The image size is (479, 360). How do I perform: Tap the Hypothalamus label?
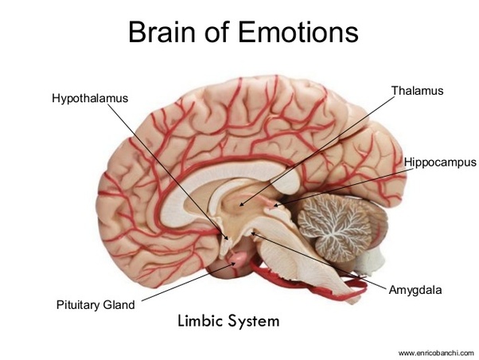click(x=89, y=99)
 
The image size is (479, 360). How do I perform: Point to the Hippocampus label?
click(x=439, y=162)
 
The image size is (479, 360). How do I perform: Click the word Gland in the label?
click(x=119, y=304)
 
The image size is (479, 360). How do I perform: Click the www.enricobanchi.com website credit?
click(x=435, y=351)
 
